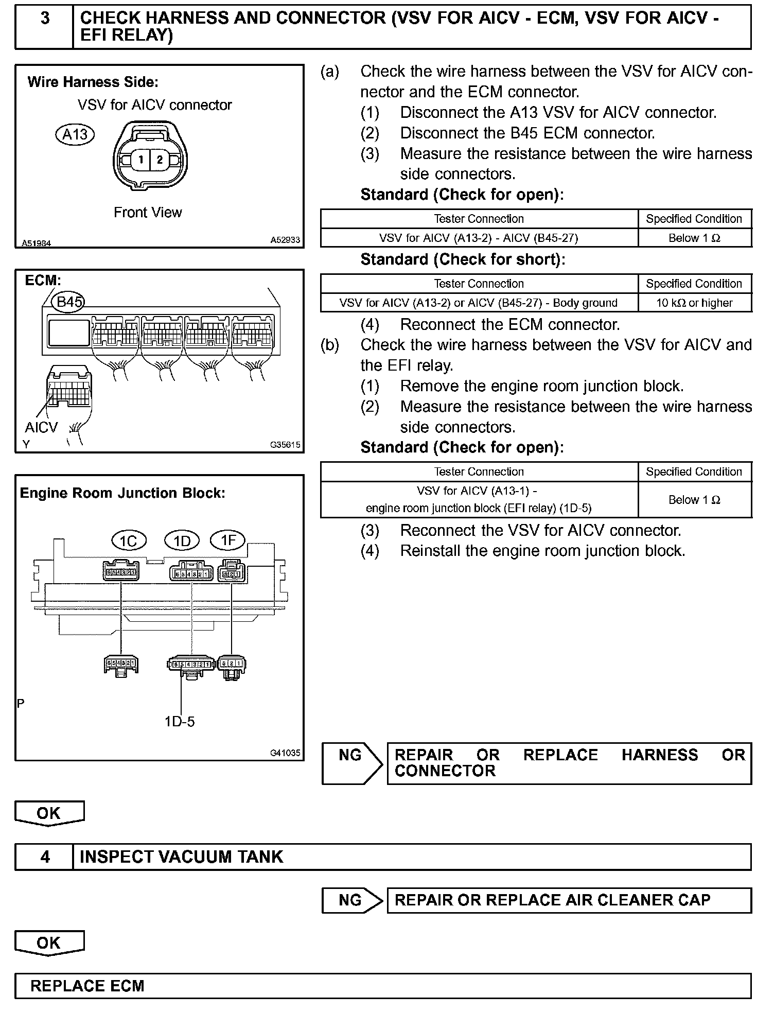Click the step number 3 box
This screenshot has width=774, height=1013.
[x=45, y=27]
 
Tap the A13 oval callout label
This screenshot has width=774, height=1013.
[x=75, y=135]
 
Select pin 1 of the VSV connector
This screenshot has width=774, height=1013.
[x=140, y=160]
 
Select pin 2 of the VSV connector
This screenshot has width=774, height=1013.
[x=160, y=160]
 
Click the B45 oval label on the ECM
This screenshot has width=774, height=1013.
[x=69, y=302]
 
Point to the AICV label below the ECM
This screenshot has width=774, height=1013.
[x=41, y=428]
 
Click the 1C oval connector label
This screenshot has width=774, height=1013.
[x=129, y=540]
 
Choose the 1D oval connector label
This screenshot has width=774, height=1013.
[x=182, y=541]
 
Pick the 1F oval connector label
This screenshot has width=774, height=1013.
[x=228, y=540]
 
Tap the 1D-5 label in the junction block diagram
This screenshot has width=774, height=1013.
[x=180, y=722]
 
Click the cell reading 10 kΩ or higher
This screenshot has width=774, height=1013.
[x=694, y=303]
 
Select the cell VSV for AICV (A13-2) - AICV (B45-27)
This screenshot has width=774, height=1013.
[x=479, y=238]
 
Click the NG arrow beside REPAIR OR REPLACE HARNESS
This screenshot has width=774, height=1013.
[x=352, y=763]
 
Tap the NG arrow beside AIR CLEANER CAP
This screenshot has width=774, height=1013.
[x=352, y=900]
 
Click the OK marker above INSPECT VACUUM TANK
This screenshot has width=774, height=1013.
[x=49, y=813]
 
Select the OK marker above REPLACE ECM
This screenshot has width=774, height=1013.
[x=49, y=943]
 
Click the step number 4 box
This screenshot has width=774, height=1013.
[x=45, y=857]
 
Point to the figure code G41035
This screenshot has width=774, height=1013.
[x=285, y=753]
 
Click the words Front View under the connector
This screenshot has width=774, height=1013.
[x=148, y=212]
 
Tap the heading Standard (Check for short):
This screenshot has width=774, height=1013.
[x=463, y=259]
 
